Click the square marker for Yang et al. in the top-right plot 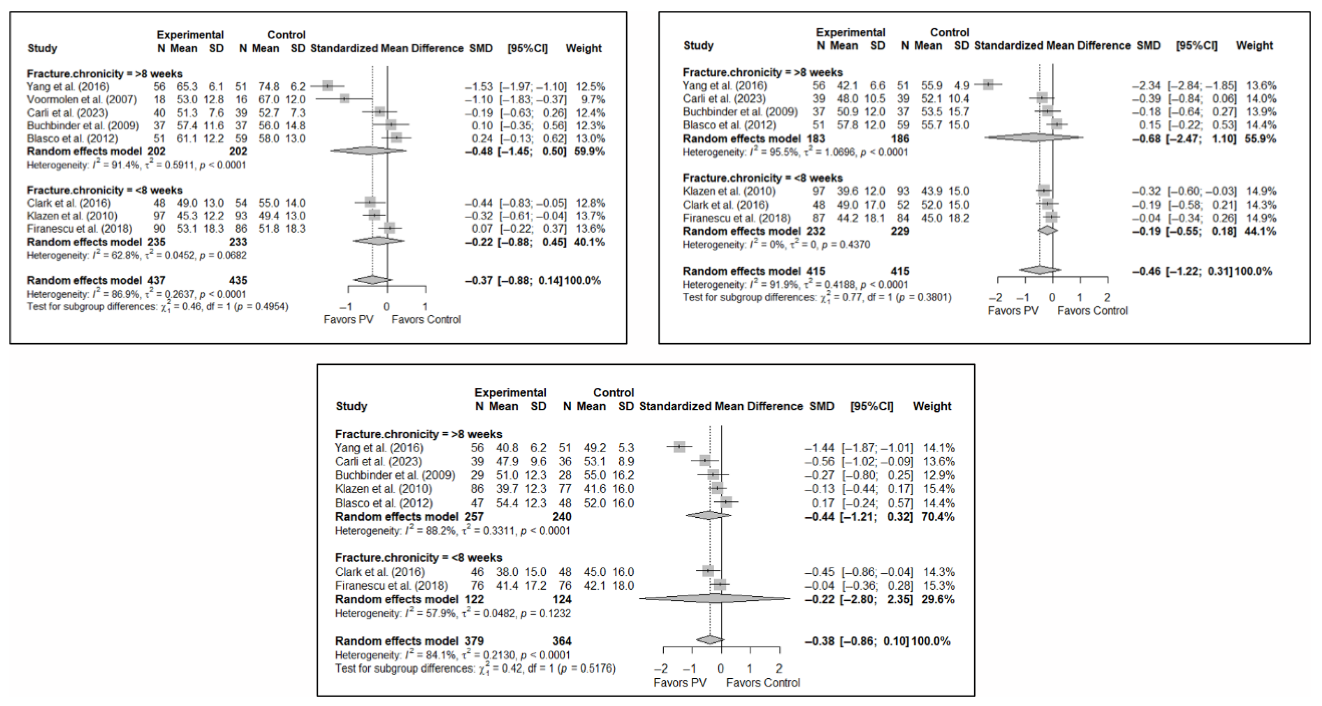tap(988, 85)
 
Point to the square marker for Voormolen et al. tap(345, 99)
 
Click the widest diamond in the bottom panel tap(717, 599)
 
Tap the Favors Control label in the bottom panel tap(763, 682)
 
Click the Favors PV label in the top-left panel tap(349, 319)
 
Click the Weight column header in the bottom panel tap(932, 406)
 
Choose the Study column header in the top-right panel tap(698, 46)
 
